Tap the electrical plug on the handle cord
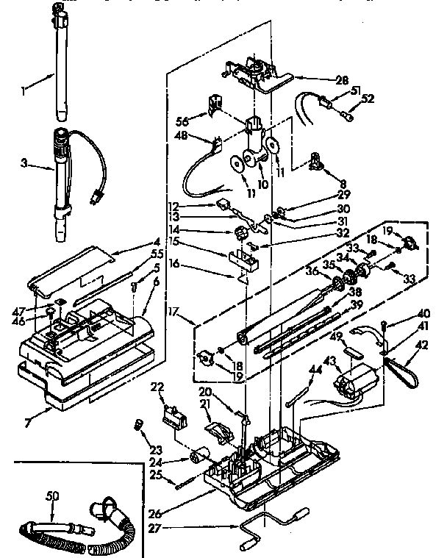point(94,198)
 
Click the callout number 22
point(157,387)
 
